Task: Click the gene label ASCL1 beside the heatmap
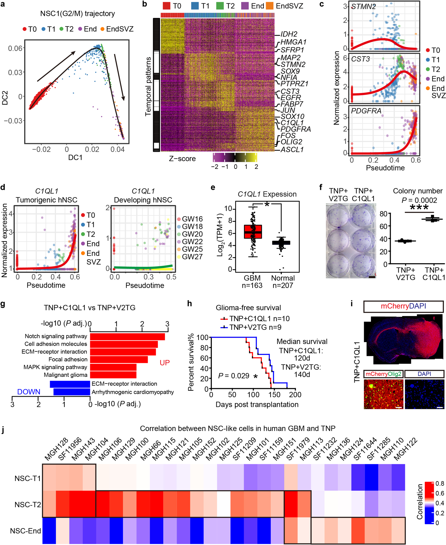pyautogui.click(x=292, y=150)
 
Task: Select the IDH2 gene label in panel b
pyautogui.click(x=289, y=34)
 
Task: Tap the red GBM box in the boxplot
pyautogui.click(x=253, y=232)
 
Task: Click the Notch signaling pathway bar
pyautogui.click(x=127, y=336)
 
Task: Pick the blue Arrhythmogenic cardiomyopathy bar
pyautogui.click(x=72, y=392)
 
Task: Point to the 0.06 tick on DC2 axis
pyautogui.click(x=15, y=48)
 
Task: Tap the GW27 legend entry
pyautogui.click(x=192, y=257)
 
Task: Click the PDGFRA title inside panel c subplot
pyautogui.click(x=363, y=111)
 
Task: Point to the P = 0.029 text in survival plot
pyautogui.click(x=234, y=376)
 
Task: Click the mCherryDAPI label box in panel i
pyautogui.click(x=403, y=306)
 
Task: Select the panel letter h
pyautogui.click(x=189, y=304)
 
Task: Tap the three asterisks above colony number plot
pyautogui.click(x=419, y=207)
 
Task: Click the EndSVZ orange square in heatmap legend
pyautogui.click(x=269, y=6)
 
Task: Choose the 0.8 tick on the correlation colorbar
pyautogui.click(x=440, y=483)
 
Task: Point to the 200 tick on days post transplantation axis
pyautogui.click(x=295, y=395)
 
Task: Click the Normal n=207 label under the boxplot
pyautogui.click(x=283, y=281)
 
